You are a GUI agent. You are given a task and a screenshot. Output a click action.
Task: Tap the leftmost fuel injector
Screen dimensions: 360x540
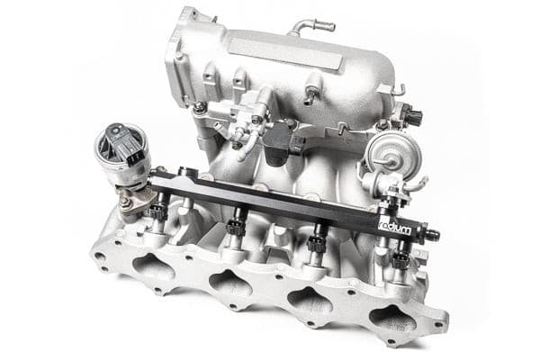(x=159, y=214)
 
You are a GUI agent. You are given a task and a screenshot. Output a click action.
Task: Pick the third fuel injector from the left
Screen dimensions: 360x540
(x=317, y=244)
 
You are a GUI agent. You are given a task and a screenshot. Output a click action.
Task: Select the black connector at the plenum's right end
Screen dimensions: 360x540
(x=413, y=116)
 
